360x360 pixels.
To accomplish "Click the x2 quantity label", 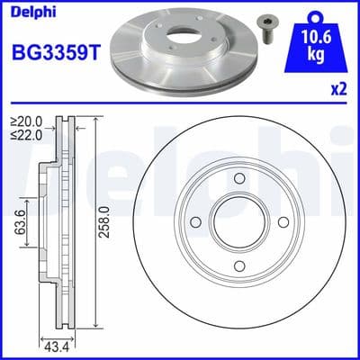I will coord(338,92).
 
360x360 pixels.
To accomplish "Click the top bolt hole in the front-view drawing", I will coord(239,178).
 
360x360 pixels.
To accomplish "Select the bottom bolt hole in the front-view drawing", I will coord(239,268).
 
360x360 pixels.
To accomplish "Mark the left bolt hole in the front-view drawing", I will coord(194,223).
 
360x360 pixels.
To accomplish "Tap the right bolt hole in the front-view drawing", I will coord(284,223).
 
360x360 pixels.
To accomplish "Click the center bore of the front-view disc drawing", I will coord(239,223).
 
